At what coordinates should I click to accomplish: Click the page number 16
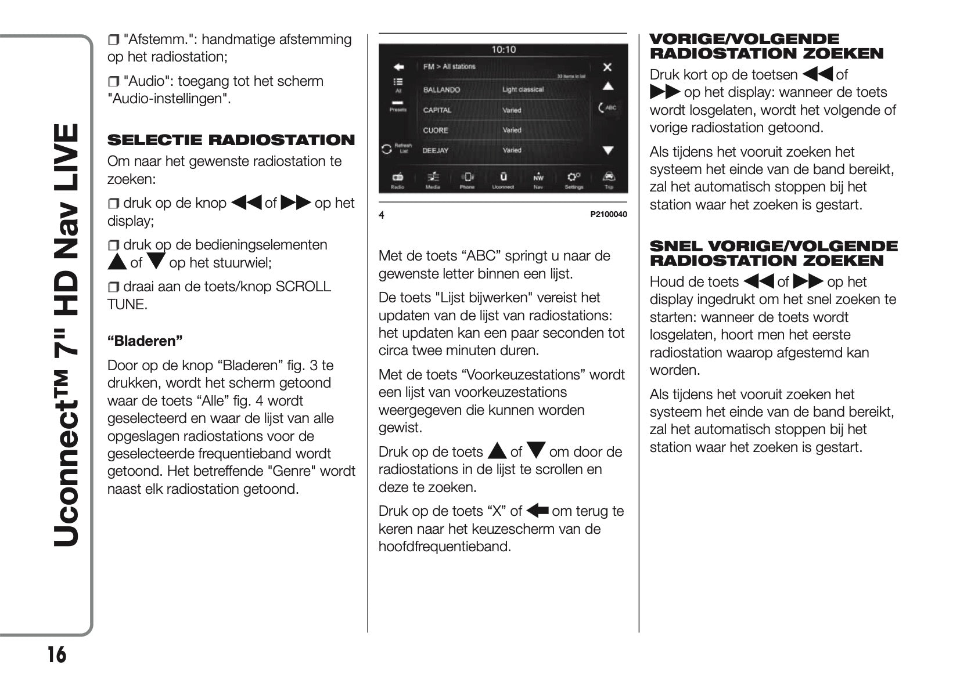point(56,655)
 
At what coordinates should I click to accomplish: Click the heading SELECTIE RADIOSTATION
point(231,140)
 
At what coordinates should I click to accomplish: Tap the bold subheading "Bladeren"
point(145,341)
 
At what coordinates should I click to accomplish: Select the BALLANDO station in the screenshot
point(441,90)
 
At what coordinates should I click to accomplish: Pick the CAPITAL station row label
point(437,110)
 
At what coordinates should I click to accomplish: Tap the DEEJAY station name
point(435,150)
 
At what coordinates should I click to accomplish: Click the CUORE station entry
point(435,131)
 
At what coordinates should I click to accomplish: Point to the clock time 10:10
point(503,50)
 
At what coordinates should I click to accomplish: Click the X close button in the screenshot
point(607,67)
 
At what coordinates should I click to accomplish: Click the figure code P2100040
point(609,215)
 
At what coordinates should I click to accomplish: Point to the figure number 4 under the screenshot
point(382,215)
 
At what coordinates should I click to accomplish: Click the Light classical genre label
point(523,90)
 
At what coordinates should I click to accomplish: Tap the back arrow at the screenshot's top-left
point(398,67)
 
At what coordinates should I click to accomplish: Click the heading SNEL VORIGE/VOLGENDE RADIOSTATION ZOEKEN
point(773,253)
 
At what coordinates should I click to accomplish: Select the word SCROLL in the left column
point(303,287)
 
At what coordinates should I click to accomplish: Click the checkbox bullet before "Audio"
point(113,82)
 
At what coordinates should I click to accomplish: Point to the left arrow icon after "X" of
point(538,511)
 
